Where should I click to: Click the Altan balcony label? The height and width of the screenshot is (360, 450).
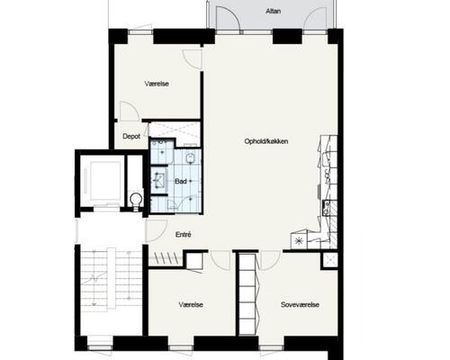[x=274, y=12]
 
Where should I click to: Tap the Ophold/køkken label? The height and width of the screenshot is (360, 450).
[x=266, y=141]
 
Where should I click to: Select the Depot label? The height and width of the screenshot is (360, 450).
[x=131, y=137]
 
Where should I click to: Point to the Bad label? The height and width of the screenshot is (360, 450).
[x=181, y=182]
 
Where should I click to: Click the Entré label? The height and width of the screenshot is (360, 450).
[x=183, y=235]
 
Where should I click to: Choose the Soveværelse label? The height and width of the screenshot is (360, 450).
[x=300, y=305]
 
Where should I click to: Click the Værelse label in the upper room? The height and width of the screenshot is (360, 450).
[x=157, y=84]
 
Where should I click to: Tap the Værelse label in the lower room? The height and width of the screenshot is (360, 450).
[x=191, y=305]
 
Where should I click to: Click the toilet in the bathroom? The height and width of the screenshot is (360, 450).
[x=190, y=157]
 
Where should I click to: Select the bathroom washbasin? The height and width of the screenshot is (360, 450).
[x=158, y=180]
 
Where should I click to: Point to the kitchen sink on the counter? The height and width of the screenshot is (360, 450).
[x=326, y=208]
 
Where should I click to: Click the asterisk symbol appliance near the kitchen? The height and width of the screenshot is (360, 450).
[x=299, y=241]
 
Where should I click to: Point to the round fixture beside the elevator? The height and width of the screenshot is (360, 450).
[x=136, y=199]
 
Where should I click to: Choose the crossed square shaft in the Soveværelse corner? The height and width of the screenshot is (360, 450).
[x=329, y=260]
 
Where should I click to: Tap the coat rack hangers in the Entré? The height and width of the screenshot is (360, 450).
[x=166, y=257]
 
